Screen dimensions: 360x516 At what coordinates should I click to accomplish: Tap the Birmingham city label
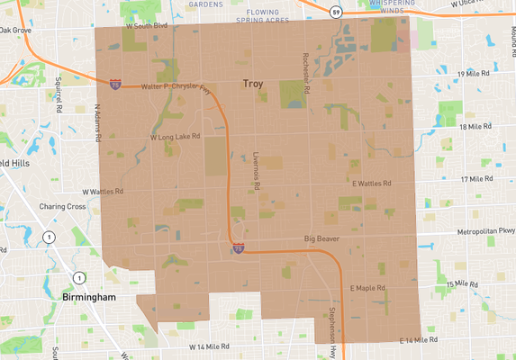[90, 297]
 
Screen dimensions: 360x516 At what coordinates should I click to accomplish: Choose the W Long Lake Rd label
[176, 138]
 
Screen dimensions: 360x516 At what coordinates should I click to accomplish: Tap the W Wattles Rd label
[103, 192]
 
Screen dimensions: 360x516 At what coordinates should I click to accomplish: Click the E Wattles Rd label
[371, 183]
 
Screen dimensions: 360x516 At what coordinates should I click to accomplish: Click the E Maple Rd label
[367, 288]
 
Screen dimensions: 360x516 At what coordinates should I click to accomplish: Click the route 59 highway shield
[335, 13]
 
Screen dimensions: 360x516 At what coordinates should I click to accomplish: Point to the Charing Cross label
[62, 206]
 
